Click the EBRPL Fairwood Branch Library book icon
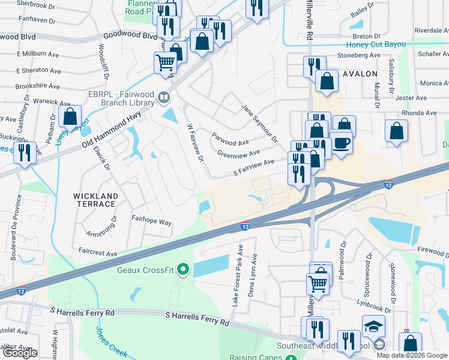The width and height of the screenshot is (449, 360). pos(163,97)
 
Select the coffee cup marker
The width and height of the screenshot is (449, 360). pos(342,143)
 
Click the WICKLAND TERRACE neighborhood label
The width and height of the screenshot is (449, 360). pos(95,200)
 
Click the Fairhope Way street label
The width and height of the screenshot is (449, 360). pos(151,222)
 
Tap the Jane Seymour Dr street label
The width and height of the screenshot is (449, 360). pos(259,123)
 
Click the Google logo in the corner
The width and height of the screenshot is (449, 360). pos(20,353)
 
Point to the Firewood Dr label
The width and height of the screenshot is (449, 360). pos(430,248)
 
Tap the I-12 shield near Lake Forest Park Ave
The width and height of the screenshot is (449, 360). pos(245,226)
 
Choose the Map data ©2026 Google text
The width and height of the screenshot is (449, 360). pos(412,355)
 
